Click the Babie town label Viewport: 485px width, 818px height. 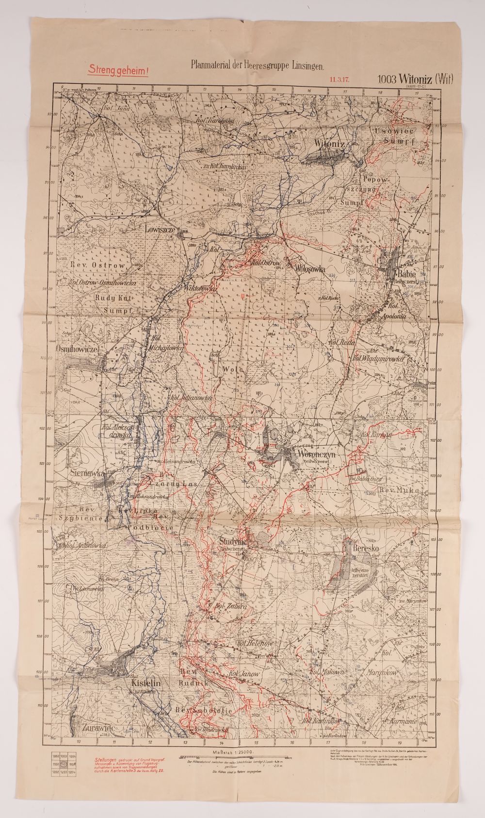click(404, 273)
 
